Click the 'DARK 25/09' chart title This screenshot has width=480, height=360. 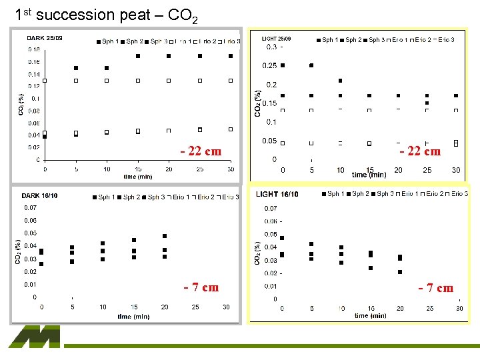pyautogui.click(x=45, y=39)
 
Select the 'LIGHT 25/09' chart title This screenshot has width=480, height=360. pyautogui.click(x=276, y=39)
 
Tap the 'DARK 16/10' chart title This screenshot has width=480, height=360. pyautogui.click(x=40, y=196)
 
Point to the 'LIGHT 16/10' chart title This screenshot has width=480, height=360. pyautogui.click(x=277, y=194)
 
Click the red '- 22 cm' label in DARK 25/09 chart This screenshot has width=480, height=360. pyautogui.click(x=201, y=151)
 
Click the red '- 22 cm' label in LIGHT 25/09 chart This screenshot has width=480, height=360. pyautogui.click(x=419, y=151)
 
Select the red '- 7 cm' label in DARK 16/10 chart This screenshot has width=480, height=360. pyautogui.click(x=201, y=287)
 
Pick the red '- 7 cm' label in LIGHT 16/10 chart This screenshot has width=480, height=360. pyautogui.click(x=435, y=288)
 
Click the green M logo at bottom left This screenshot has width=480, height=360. pyautogui.click(x=35, y=337)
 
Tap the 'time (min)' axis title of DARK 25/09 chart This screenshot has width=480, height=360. pyautogui.click(x=138, y=177)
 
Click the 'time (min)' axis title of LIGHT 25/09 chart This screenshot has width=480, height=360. pyautogui.click(x=369, y=175)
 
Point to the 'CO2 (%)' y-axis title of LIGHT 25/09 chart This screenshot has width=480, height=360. pyautogui.click(x=258, y=104)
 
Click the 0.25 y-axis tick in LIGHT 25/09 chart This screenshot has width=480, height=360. pyautogui.click(x=269, y=65)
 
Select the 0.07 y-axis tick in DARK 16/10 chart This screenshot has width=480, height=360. pyautogui.click(x=30, y=207)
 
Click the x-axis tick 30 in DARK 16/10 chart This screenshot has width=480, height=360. pyautogui.click(x=226, y=307)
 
